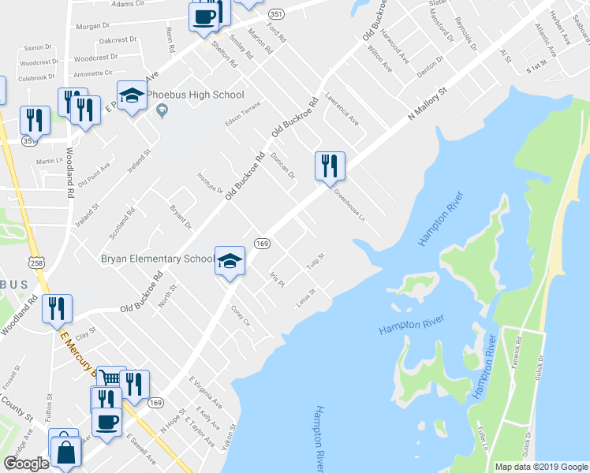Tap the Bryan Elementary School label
(155, 258)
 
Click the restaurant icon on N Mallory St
(327, 166)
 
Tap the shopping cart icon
(111, 379)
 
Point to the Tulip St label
(316, 261)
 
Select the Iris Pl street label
(276, 279)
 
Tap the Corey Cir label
(240, 316)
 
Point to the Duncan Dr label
(282, 164)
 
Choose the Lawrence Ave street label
(342, 111)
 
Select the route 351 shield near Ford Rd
(275, 14)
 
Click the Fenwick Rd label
(518, 357)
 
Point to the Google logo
(26, 464)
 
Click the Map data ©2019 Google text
(540, 467)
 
